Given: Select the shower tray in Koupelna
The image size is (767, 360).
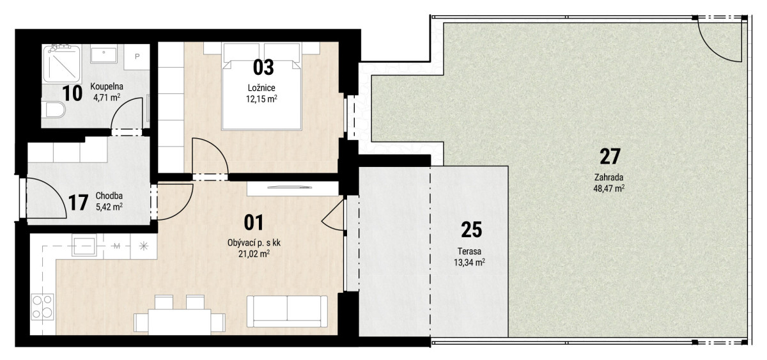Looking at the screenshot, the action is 62,65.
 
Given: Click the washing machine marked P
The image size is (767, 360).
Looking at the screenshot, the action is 137,57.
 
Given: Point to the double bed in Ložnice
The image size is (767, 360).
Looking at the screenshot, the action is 262,86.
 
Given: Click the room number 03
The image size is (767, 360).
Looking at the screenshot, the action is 263,68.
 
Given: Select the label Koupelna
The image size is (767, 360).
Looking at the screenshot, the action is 107,87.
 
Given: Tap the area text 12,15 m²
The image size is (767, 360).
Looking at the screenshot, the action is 261,99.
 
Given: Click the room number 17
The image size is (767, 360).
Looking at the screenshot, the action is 78,203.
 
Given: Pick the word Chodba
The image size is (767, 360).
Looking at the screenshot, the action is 109,196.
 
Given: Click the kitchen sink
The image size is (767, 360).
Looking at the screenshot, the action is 84,246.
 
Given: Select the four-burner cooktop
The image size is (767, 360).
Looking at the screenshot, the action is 42,307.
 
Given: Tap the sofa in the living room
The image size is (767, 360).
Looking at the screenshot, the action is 287,311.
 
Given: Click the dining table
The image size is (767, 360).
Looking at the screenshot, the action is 180,322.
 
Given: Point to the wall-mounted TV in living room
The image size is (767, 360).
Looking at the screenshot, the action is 290,187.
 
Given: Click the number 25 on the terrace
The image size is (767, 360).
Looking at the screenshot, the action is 471,230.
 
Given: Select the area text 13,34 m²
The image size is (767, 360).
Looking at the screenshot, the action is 469,263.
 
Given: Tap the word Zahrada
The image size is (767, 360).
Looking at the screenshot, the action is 608,177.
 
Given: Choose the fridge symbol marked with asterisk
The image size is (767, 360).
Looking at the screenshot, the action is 143,246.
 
